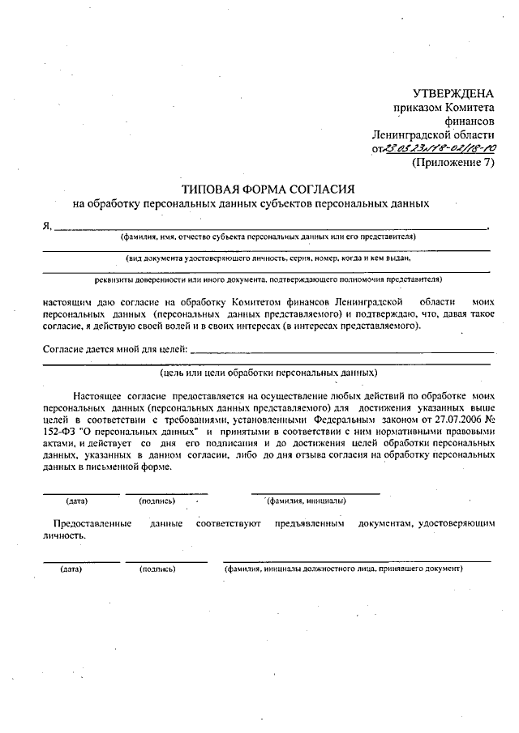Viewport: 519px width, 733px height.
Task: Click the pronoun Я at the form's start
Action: (x=46, y=226)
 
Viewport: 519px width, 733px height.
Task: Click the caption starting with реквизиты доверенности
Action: (x=268, y=279)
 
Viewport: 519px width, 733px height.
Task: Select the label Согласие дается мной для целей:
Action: (x=114, y=350)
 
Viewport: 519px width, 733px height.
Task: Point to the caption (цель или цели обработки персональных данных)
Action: (x=268, y=373)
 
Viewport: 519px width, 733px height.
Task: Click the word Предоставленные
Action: (x=92, y=525)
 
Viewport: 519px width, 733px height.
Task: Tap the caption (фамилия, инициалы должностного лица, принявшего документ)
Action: (x=344, y=569)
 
